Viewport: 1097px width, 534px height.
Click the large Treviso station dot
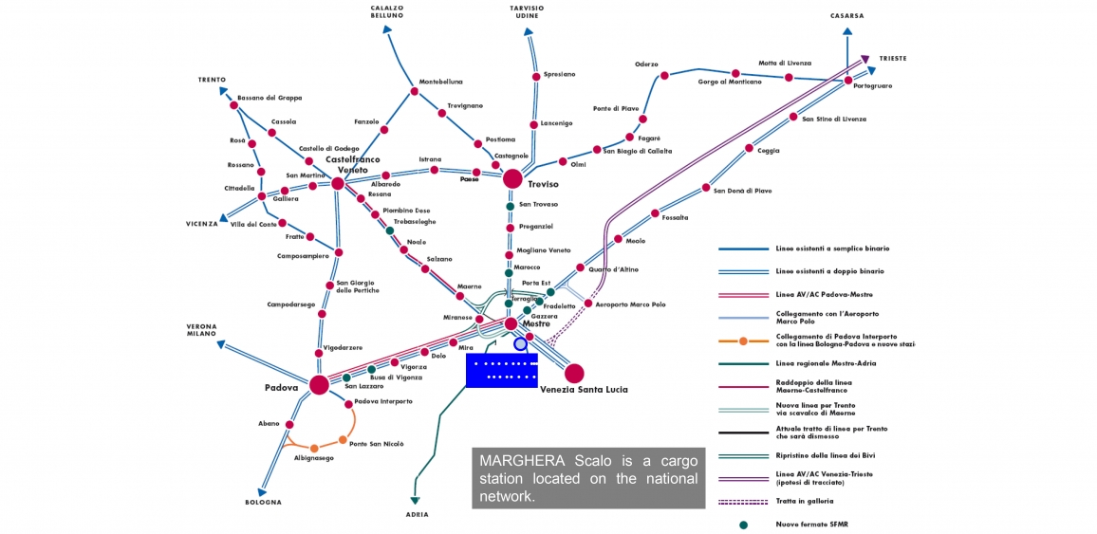(x=512, y=178)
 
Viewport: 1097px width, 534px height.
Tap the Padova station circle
(x=319, y=384)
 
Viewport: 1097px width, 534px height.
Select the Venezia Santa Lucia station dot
(x=574, y=373)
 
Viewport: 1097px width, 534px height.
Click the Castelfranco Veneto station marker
(x=338, y=183)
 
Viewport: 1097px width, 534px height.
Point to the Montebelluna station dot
(x=414, y=92)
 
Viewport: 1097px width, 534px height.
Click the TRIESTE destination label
(x=892, y=58)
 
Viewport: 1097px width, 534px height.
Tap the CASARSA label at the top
(x=846, y=16)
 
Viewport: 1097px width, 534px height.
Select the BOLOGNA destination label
(x=263, y=502)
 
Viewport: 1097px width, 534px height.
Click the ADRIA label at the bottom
(x=417, y=514)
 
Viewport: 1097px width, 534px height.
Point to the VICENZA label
(x=201, y=224)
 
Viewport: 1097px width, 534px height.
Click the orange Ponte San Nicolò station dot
(x=343, y=439)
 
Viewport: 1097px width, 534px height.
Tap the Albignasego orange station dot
(x=313, y=448)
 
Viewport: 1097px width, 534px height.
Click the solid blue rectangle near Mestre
(x=501, y=370)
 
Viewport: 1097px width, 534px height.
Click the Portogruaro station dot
(x=848, y=81)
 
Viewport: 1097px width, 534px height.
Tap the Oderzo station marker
(x=664, y=75)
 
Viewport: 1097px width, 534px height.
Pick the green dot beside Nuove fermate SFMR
(x=744, y=524)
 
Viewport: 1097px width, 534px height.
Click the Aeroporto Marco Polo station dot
(x=588, y=304)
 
